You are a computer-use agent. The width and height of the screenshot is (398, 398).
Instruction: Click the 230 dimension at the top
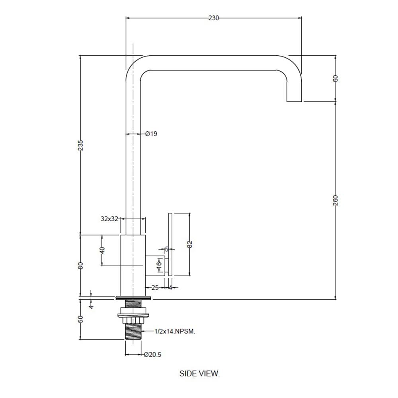(213, 18)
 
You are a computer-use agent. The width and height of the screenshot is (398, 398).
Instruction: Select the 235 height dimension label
(80, 145)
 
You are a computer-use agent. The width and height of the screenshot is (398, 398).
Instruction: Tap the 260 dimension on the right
(336, 201)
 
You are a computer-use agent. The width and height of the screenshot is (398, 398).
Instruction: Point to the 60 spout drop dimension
(335, 78)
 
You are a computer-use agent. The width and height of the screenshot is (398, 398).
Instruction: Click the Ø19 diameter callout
(151, 134)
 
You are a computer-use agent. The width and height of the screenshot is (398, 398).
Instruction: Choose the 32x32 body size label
(109, 219)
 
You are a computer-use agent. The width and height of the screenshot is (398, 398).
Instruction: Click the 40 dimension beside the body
(102, 250)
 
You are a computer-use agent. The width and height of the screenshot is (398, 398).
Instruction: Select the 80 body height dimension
(80, 265)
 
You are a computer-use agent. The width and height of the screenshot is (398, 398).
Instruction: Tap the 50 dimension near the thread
(80, 319)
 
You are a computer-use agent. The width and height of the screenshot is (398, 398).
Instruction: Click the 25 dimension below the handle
(155, 288)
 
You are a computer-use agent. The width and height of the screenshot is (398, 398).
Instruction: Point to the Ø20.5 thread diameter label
(152, 354)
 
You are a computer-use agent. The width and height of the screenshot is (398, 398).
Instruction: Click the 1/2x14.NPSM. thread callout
(175, 331)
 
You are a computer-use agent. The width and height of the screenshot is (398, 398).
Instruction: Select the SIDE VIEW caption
(199, 373)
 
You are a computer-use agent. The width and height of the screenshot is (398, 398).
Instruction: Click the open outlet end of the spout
(294, 101)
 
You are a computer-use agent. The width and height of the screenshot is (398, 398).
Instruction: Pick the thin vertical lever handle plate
(170, 244)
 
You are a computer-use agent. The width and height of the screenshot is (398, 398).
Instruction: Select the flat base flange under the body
(133, 298)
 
